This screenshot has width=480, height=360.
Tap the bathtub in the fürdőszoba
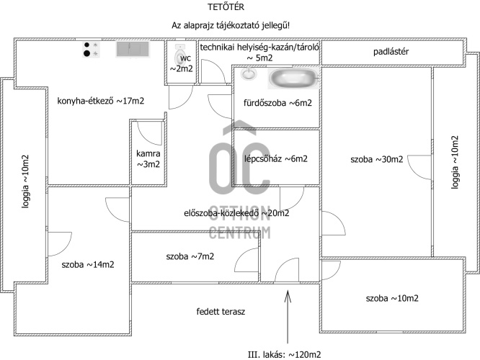point(292,77)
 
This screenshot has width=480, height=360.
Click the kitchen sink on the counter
point(132,49)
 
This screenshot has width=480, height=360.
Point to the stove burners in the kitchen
point(92,49)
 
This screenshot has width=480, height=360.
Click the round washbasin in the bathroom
point(250,73)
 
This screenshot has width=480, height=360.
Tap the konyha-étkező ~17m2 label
point(100,102)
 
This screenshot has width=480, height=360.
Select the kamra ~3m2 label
point(148,158)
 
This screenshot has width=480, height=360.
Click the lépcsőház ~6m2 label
point(276,159)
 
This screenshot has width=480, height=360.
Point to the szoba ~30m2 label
point(376,159)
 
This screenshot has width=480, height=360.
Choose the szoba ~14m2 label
point(88,264)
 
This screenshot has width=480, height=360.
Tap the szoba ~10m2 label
point(392,298)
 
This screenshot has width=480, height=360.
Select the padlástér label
point(392,52)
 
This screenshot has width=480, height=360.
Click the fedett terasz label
point(221,312)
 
